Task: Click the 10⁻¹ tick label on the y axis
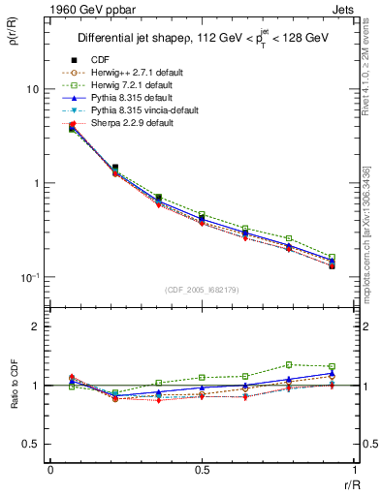[29, 277]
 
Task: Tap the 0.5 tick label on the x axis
[202, 470]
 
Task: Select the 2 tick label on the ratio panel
[37, 326]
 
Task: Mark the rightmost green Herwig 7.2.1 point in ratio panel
[332, 366]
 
